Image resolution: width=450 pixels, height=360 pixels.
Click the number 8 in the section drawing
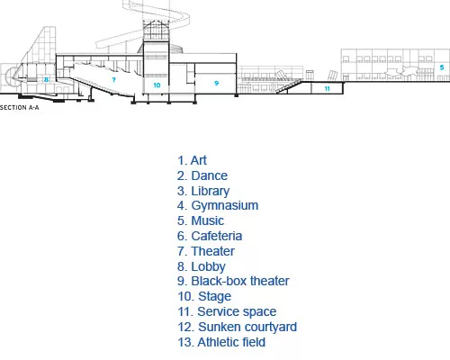tap(46, 80)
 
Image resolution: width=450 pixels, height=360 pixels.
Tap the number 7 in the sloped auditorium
tap(113, 80)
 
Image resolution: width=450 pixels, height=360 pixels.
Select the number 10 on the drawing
tap(157, 85)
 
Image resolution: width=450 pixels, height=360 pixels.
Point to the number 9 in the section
tap(217, 83)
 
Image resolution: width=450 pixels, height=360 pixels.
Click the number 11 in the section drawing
tap(328, 88)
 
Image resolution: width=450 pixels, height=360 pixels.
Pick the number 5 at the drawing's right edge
tap(442, 67)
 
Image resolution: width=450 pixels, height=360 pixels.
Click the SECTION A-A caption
tap(20, 107)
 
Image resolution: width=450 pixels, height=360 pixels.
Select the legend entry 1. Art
tap(192, 160)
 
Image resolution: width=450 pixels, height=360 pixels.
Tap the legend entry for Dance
tap(202, 175)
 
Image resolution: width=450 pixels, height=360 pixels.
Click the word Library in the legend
tap(211, 191)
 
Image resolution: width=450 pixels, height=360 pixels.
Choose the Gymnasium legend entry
tap(218, 206)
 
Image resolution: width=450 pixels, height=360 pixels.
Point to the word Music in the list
tap(207, 220)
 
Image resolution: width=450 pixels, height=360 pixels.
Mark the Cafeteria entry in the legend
tap(210, 236)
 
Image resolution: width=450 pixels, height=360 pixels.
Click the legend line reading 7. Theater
tap(206, 251)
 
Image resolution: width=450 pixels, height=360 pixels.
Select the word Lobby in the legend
tap(208, 266)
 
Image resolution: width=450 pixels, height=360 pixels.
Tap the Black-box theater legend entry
tap(233, 281)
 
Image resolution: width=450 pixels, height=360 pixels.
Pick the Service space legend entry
tap(227, 311)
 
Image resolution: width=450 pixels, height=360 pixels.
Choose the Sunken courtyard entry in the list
tap(237, 327)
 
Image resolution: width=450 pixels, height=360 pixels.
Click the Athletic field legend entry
tap(221, 342)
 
